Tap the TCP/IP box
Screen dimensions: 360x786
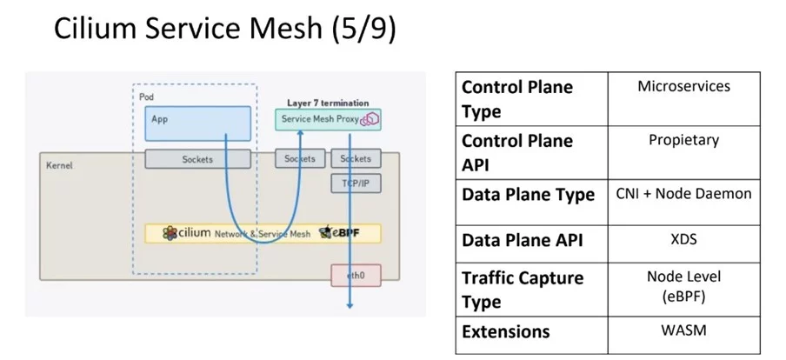point(355,183)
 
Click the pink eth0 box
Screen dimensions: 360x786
point(355,276)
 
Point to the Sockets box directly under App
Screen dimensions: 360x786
point(197,159)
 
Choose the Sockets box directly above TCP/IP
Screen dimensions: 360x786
point(355,159)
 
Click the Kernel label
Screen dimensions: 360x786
point(59,163)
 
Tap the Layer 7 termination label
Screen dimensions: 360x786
point(328,103)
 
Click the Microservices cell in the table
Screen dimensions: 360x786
point(683,87)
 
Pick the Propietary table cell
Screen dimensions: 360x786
point(683,140)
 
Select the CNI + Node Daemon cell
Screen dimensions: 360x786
point(683,194)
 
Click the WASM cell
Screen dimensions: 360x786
point(683,331)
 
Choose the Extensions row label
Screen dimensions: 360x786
point(505,331)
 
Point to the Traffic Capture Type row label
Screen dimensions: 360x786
point(522,290)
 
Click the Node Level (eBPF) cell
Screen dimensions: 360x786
point(683,286)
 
